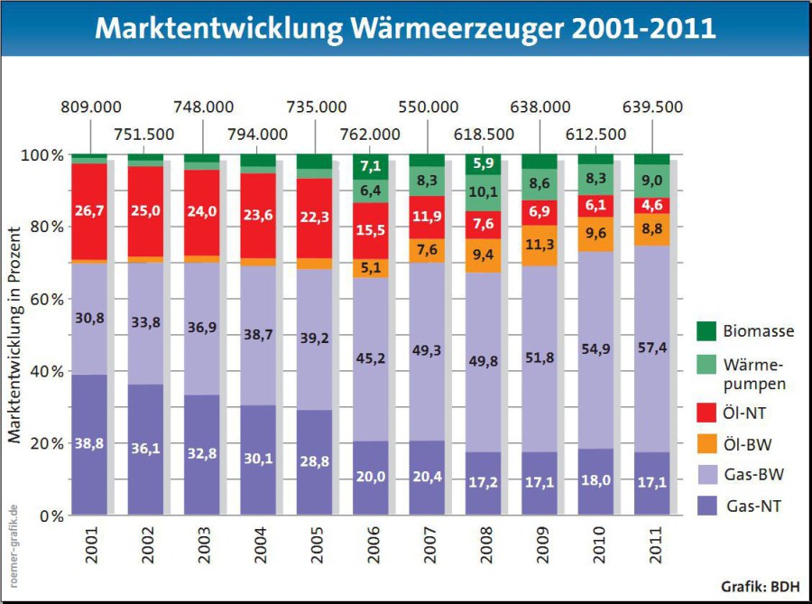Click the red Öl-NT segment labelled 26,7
pos(89,211)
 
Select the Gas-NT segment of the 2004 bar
pos(258,460)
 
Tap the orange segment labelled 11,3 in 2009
pos(540,246)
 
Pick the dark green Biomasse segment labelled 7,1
pos(371,167)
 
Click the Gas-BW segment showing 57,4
pos(652,348)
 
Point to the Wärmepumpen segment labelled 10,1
pos(484,192)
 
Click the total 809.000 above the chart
pos(91,107)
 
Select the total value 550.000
pos(429,107)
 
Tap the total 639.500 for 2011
pos(652,107)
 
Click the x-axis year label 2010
pos(598,545)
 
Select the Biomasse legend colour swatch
pos(706,331)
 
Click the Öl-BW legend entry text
pos(747,444)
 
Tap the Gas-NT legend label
pos(753,506)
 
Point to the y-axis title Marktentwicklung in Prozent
pos(14,335)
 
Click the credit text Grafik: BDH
pos(761,587)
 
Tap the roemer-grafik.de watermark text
pos(14,546)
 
